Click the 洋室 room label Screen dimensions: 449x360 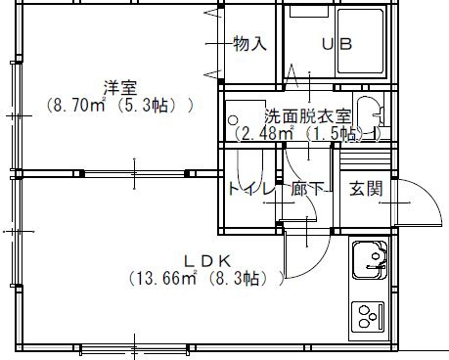tap(120, 88)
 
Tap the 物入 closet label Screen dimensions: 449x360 tap(250, 43)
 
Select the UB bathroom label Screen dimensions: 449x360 tap(337, 44)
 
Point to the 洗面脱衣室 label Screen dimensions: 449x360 tap(307, 115)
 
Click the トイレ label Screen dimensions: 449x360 tap(250, 189)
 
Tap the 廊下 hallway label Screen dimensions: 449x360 tap(307, 189)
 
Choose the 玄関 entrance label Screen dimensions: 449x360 tap(366, 188)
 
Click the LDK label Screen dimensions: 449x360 tap(207, 261)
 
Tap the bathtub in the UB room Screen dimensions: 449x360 tap(360, 41)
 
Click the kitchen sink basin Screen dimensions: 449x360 tap(370, 260)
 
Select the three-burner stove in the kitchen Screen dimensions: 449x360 tap(368, 316)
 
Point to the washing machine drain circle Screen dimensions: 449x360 tap(233, 120)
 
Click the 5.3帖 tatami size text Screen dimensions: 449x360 tap(143, 106)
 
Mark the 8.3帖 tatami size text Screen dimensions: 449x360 tap(234, 279)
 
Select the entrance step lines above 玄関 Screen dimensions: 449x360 tap(365, 157)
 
